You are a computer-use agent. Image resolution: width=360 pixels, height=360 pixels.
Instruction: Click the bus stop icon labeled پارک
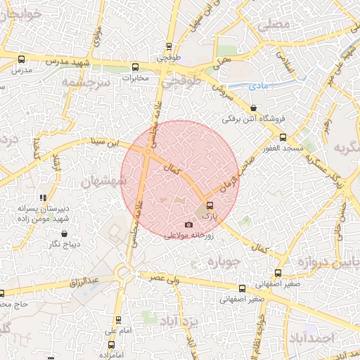click(x=210, y=207)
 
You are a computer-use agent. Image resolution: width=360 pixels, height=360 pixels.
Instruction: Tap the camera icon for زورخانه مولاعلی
click(x=188, y=225)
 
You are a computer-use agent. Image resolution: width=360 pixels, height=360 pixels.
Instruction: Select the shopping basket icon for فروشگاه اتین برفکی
click(x=253, y=108)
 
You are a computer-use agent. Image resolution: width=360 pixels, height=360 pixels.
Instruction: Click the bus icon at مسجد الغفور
click(x=283, y=137)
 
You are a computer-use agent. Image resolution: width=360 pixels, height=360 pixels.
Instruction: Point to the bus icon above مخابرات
click(x=136, y=67)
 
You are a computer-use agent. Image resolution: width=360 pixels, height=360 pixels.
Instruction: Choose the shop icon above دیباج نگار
click(x=64, y=233)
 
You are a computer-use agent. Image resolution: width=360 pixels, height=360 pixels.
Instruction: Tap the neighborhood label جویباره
click(x=224, y=262)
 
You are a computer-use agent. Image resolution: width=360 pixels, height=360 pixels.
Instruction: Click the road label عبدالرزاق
click(x=84, y=282)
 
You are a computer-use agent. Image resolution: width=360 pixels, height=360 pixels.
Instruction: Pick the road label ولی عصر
click(x=161, y=278)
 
